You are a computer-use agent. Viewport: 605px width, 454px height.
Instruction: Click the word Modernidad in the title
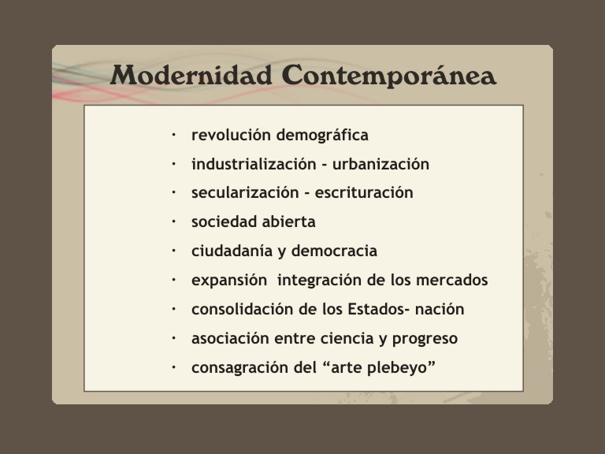click(192, 76)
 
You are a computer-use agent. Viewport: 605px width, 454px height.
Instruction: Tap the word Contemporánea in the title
click(388, 76)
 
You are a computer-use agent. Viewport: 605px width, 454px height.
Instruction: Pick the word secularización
click(242, 193)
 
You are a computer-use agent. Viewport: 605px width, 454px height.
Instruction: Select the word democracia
click(334, 251)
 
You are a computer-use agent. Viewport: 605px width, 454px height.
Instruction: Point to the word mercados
click(452, 281)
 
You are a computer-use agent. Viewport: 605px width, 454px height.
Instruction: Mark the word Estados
click(373, 310)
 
